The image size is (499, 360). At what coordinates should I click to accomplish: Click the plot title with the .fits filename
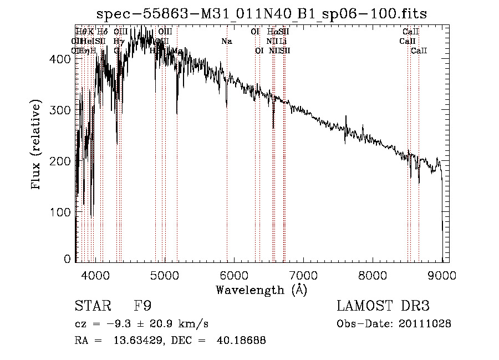[261, 13]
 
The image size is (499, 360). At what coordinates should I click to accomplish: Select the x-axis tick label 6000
[234, 275]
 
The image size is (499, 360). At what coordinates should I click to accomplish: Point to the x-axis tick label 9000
[442, 275]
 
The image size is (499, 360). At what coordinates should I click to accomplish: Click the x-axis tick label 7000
[303, 275]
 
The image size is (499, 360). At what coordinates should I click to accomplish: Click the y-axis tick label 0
[68, 259]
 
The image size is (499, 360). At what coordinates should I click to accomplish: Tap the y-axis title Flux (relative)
[37, 145]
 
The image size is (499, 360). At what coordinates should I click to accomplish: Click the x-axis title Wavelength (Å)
[261, 290]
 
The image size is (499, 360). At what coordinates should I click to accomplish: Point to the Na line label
[226, 41]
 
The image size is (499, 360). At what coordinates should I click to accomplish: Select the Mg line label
[177, 50]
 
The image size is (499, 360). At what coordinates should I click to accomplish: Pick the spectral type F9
[142, 306]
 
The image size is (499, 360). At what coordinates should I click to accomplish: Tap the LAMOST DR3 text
[383, 306]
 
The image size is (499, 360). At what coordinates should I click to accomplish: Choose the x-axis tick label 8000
[373, 275]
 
